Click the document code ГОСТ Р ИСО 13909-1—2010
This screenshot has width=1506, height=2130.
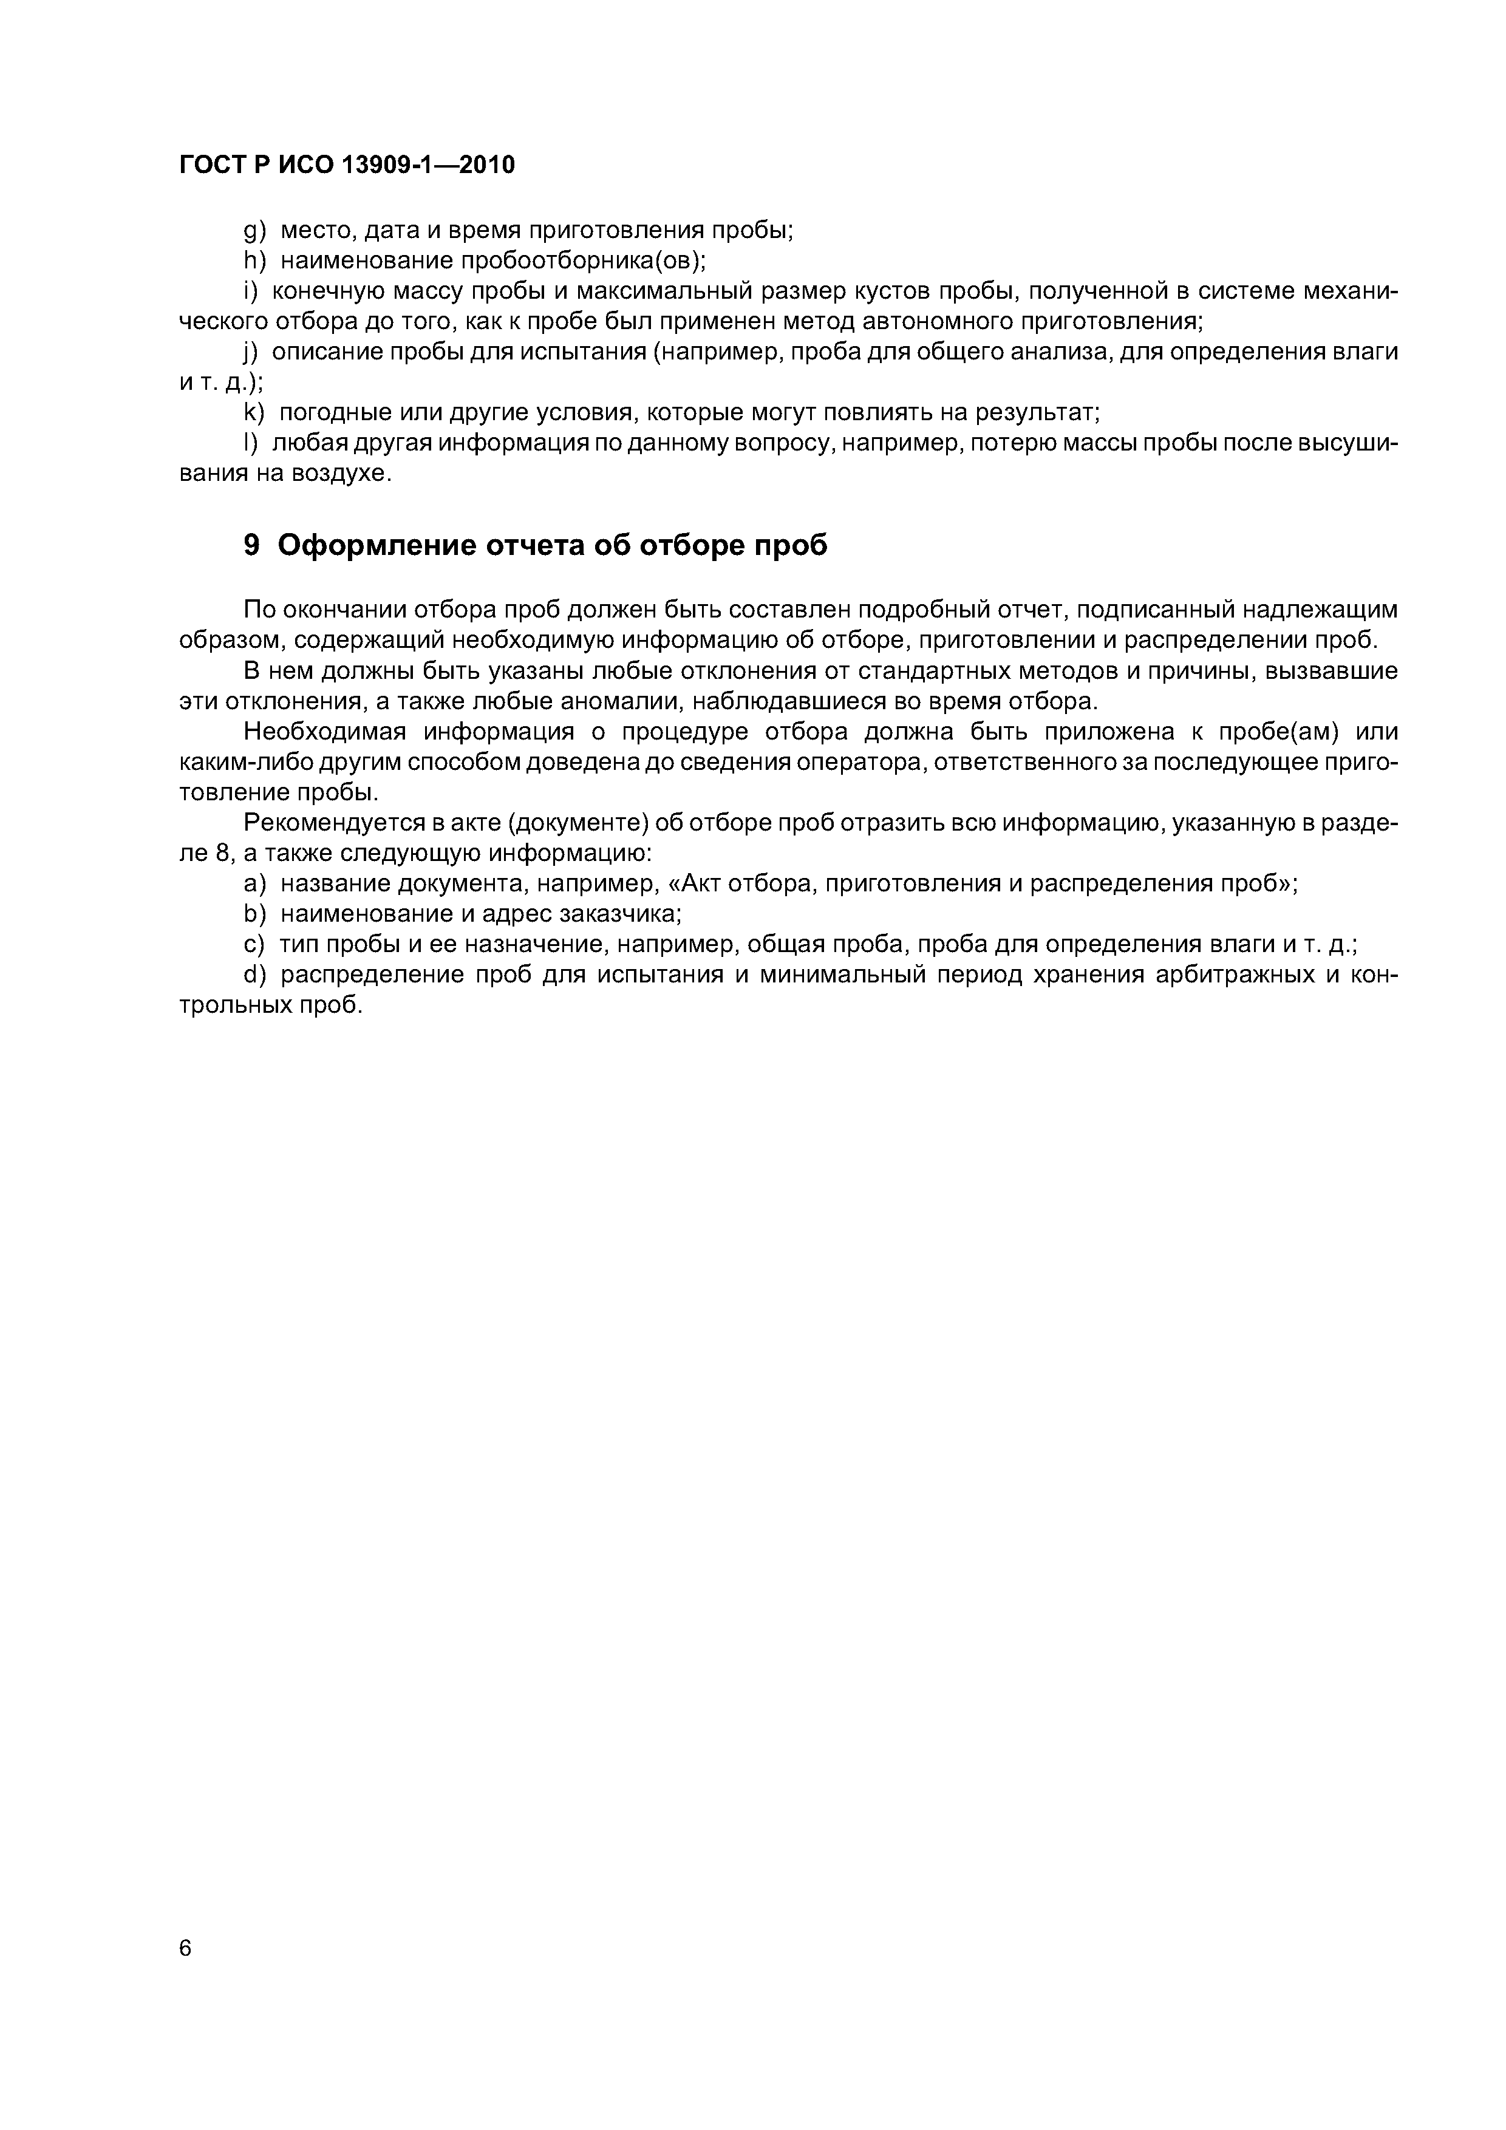click(x=347, y=165)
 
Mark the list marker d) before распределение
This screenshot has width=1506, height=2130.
click(x=254, y=975)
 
